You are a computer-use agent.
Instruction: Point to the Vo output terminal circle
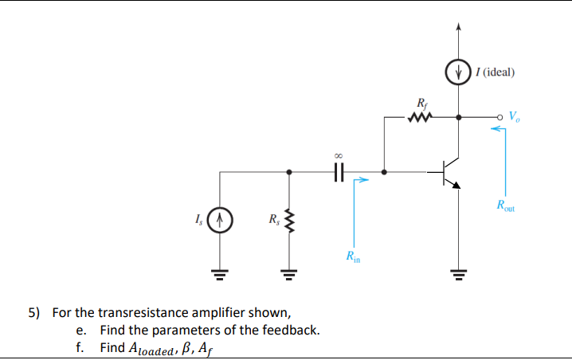click(x=501, y=117)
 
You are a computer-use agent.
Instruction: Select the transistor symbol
click(x=450, y=171)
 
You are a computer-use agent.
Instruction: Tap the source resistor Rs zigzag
click(x=288, y=217)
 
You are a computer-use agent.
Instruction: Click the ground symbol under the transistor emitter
click(x=457, y=276)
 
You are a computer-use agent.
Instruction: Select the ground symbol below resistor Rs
click(x=288, y=276)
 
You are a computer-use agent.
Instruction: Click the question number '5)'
click(x=35, y=311)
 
